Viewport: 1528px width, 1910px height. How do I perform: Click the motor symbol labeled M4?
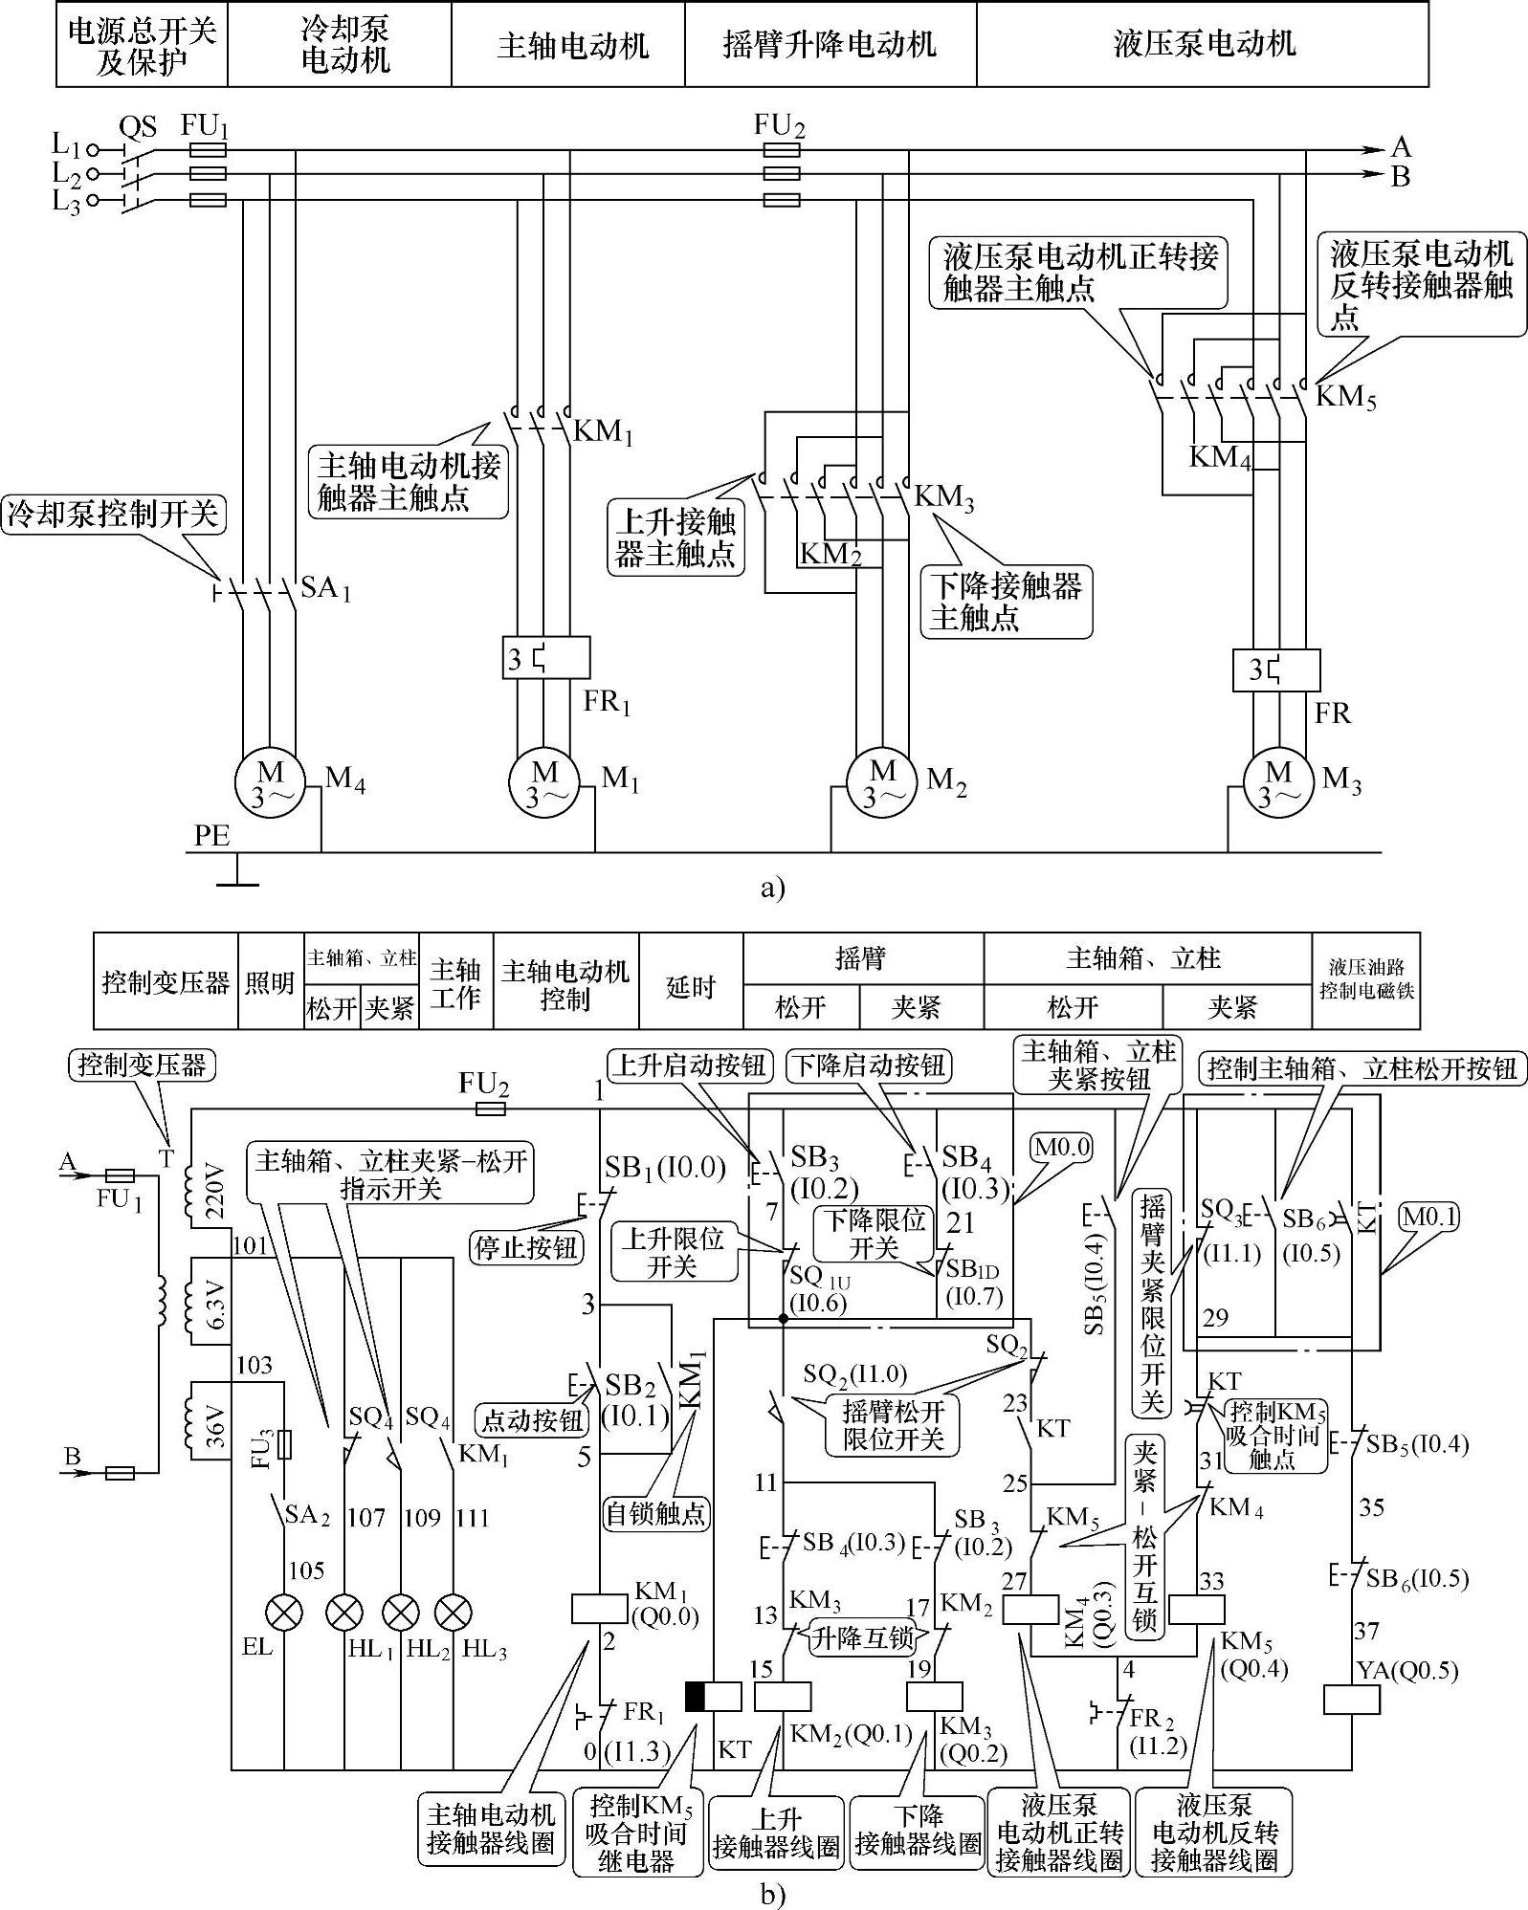click(270, 783)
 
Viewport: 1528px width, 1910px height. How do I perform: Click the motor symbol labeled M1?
click(544, 783)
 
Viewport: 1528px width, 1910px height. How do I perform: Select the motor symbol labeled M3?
click(1277, 783)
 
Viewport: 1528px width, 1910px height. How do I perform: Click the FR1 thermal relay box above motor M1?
click(545, 659)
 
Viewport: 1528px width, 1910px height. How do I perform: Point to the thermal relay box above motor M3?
click(1276, 670)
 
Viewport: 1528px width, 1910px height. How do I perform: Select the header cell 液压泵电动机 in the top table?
click(1203, 45)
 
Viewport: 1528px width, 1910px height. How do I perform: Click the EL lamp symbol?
click(284, 1613)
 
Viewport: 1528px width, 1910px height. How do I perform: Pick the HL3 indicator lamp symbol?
click(453, 1613)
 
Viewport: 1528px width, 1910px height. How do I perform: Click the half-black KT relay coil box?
click(713, 1696)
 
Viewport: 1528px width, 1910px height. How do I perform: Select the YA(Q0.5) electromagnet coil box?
click(1351, 1700)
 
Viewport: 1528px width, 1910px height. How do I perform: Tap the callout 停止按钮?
click(527, 1248)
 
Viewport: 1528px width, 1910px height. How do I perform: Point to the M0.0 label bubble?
click(1061, 1147)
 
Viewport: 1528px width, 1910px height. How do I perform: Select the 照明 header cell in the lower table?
click(270, 982)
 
